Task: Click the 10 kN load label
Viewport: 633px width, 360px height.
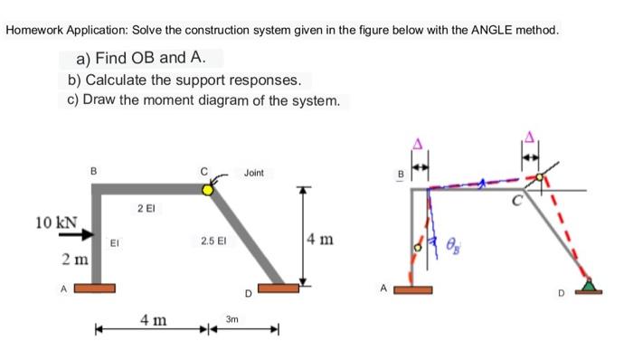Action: coord(56,222)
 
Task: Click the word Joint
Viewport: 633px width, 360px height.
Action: coord(254,172)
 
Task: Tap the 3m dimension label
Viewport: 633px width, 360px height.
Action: coord(232,319)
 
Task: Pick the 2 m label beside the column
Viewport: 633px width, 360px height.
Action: coord(74,261)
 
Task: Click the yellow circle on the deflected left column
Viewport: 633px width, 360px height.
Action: coord(417,246)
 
